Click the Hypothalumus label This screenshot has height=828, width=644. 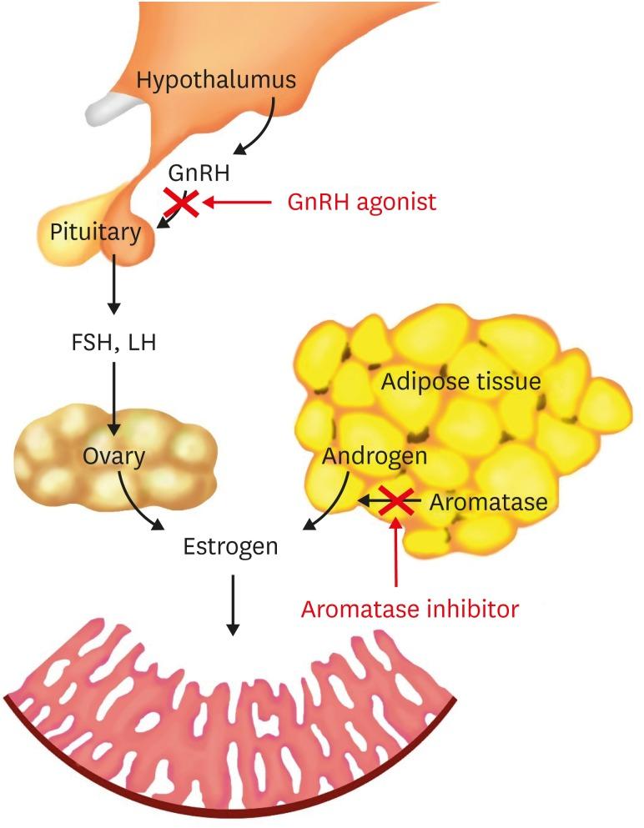(x=216, y=81)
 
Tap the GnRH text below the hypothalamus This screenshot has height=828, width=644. (x=199, y=173)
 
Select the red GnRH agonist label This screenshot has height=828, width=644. (x=361, y=202)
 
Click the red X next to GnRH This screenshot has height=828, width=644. (x=181, y=202)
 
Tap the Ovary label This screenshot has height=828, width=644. (x=114, y=456)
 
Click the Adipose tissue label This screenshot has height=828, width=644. (x=460, y=383)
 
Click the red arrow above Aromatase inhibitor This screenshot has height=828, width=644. (x=396, y=555)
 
